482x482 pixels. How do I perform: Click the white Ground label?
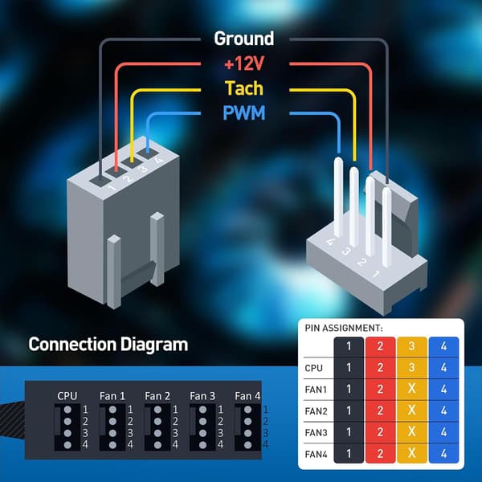[243, 39]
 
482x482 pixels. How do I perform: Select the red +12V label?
[244, 64]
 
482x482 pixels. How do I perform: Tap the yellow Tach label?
[244, 88]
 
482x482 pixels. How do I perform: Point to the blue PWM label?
[243, 112]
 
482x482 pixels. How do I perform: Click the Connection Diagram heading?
[108, 345]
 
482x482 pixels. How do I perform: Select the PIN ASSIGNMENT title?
[344, 329]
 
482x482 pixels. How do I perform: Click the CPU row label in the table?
[313, 368]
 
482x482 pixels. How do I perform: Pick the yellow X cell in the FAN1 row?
[411, 389]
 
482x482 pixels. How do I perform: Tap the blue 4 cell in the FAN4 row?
[443, 453]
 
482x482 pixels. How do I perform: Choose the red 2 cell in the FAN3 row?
[380, 432]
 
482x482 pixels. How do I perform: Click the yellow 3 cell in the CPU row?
[411, 368]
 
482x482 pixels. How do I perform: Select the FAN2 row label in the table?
[316, 411]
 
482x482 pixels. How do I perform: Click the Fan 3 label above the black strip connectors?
[202, 396]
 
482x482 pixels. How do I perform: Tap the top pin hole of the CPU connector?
[67, 410]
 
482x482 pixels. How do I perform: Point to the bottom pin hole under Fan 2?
[157, 445]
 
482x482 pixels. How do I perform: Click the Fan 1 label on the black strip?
[112, 396]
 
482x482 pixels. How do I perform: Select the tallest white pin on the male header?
[338, 197]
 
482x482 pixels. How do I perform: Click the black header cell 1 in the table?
[349, 346]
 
